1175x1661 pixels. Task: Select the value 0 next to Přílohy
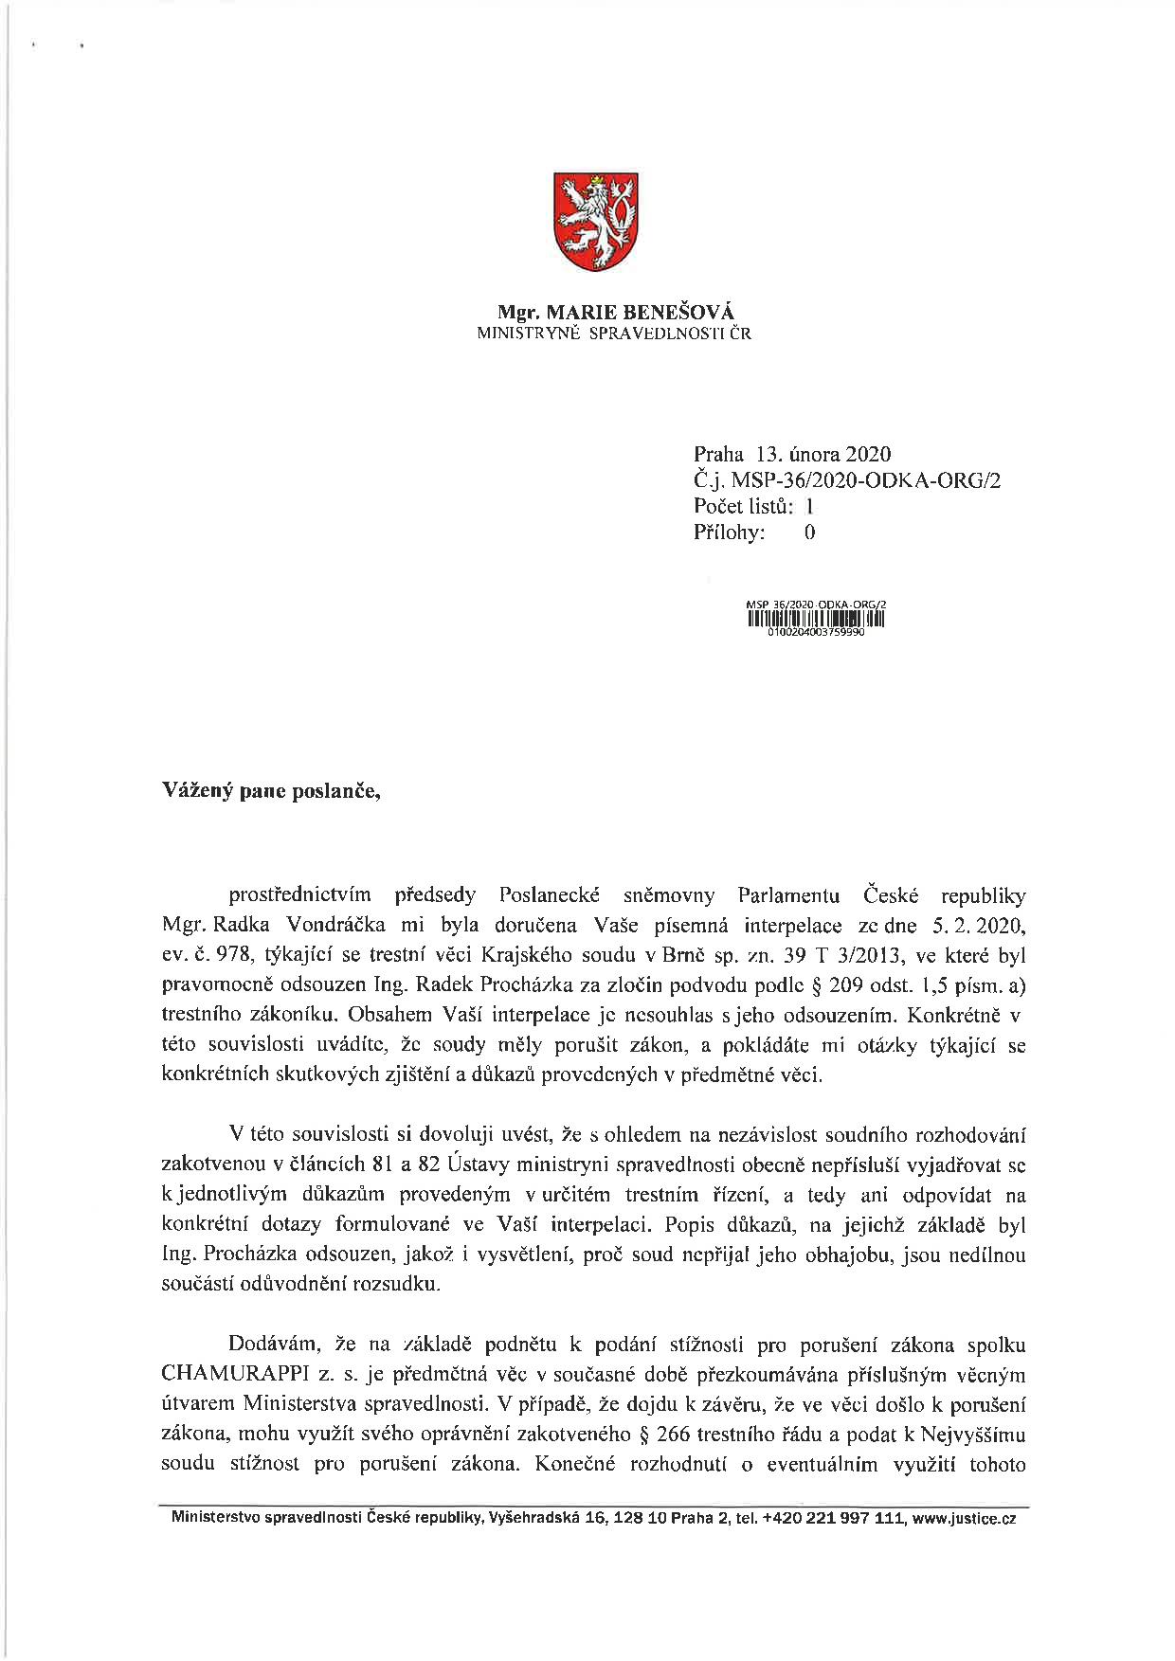(x=809, y=533)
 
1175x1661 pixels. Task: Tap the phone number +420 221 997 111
(x=833, y=1518)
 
